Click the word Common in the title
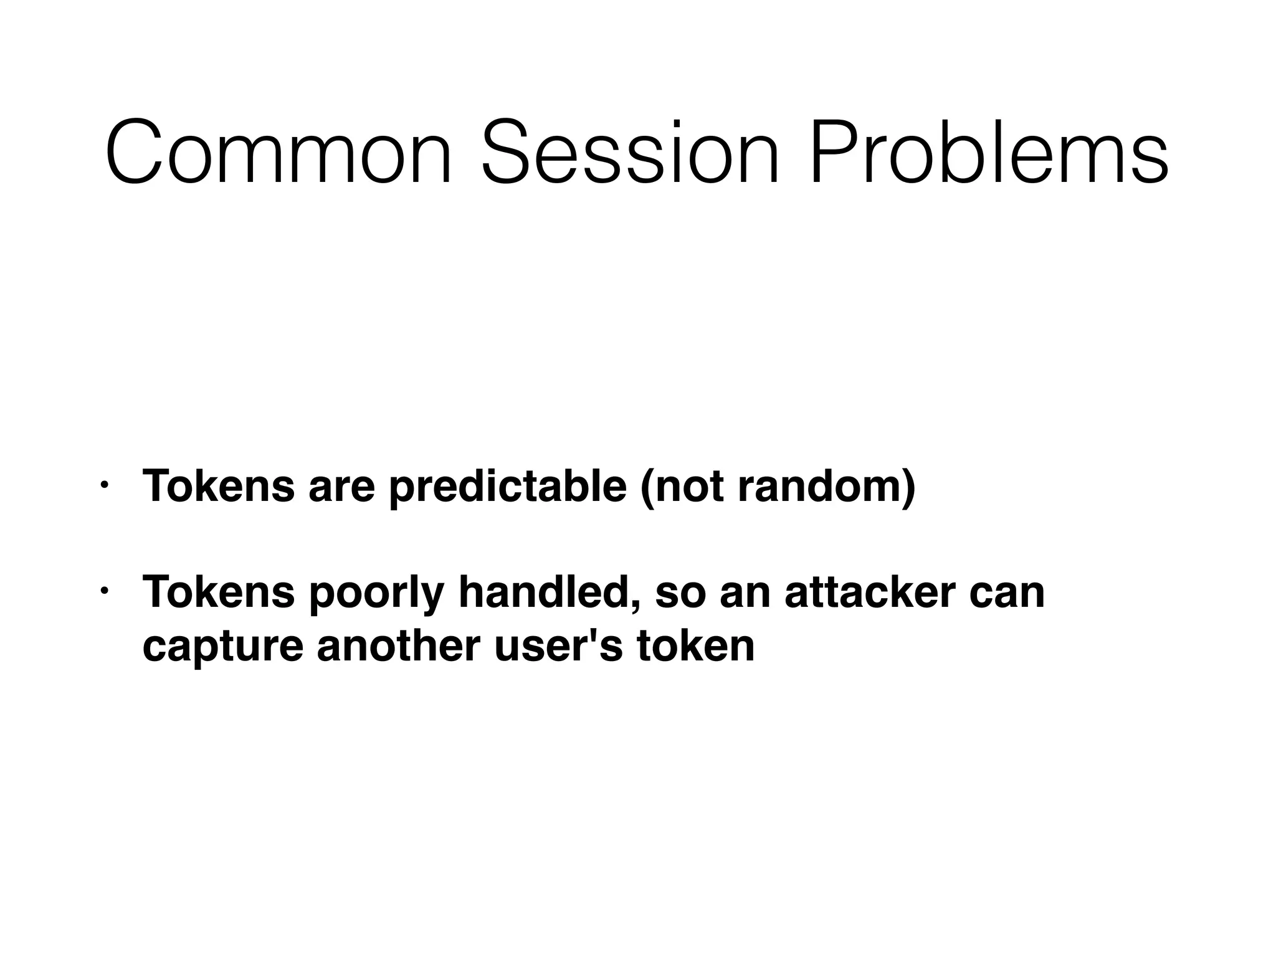tap(279, 153)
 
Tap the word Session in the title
tap(630, 153)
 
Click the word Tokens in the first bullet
tap(218, 486)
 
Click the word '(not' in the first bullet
tap(682, 486)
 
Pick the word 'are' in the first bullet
tap(341, 486)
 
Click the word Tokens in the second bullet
tap(218, 592)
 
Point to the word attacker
tap(870, 592)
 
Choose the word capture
tap(222, 647)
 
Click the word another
tap(399, 645)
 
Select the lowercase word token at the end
tap(695, 645)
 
